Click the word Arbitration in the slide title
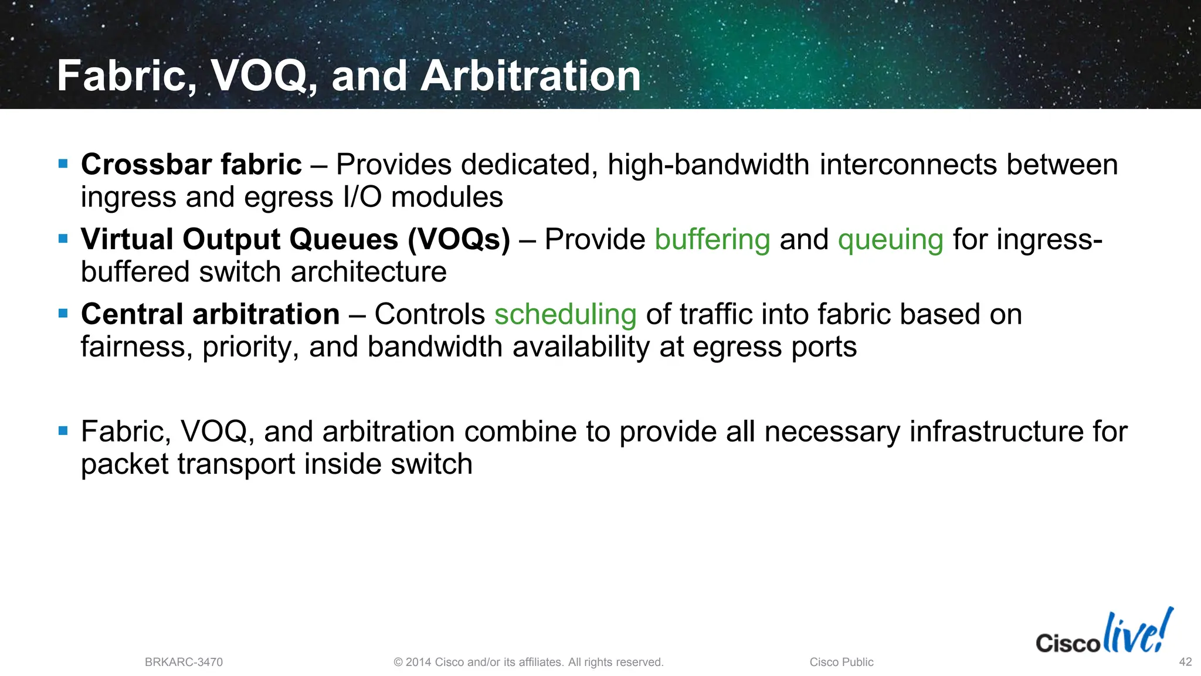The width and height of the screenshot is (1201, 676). pos(531,76)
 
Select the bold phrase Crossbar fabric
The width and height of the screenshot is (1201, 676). pos(191,165)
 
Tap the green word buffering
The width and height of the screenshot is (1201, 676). pos(712,240)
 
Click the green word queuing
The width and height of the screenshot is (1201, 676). pos(890,240)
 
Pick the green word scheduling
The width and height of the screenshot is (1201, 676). pos(565,315)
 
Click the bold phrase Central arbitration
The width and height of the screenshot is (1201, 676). pos(210,315)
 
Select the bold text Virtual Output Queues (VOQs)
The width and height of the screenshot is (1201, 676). pos(295,240)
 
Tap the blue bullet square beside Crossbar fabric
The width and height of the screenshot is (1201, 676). pos(63,164)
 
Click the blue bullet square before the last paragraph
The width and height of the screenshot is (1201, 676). pos(63,431)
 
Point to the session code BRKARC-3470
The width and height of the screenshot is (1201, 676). pos(184,663)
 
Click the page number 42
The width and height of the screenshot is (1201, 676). pos(1185,662)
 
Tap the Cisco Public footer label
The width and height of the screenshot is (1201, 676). pos(841,663)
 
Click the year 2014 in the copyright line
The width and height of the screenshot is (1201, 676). pos(419,663)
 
